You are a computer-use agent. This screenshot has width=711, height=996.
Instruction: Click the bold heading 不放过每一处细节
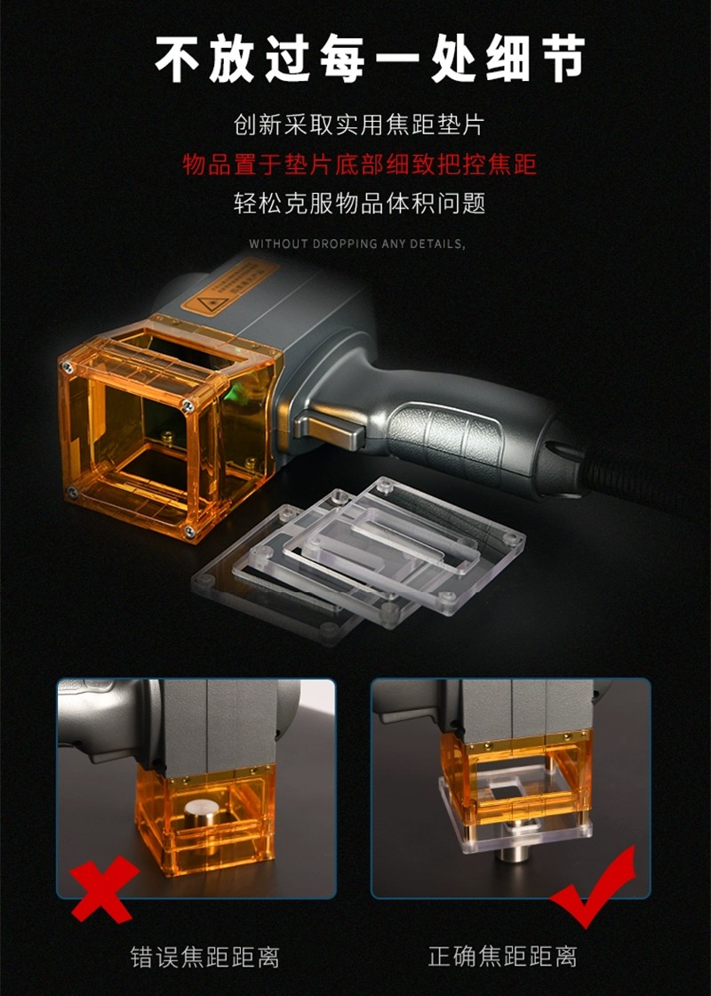click(x=370, y=59)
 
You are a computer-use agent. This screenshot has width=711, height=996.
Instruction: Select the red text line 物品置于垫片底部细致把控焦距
click(x=360, y=165)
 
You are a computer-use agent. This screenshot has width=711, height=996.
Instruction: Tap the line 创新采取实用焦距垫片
click(x=359, y=124)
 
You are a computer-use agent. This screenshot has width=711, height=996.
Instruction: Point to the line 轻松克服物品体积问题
click(x=359, y=204)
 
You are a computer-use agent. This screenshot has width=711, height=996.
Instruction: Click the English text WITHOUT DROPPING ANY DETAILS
click(x=356, y=244)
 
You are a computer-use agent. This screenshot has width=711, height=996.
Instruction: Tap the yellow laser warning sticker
click(x=230, y=285)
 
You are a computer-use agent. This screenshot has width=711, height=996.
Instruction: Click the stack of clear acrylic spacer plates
click(x=359, y=559)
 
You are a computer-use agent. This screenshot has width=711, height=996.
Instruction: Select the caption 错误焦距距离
click(x=205, y=957)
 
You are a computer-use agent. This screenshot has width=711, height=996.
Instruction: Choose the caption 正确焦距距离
click(x=502, y=956)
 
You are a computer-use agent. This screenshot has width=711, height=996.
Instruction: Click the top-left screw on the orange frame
click(x=66, y=366)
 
